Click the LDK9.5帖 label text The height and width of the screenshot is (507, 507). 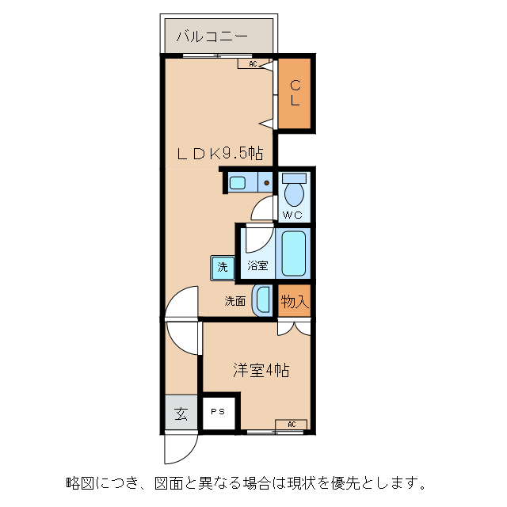(219, 154)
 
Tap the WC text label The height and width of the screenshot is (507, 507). (292, 215)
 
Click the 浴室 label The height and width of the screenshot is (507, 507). (257, 266)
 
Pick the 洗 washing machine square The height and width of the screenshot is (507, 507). (222, 267)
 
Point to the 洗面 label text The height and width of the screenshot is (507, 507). (234, 301)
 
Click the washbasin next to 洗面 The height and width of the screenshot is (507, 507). (261, 300)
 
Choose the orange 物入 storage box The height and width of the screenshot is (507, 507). (294, 301)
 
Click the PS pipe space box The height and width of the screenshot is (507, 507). (218, 412)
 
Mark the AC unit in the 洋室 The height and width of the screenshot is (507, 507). (291, 425)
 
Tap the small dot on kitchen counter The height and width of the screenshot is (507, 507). (267, 183)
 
